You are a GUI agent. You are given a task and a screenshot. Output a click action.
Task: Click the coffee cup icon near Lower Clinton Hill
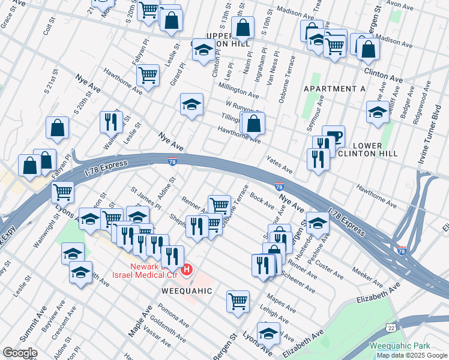[x=333, y=136]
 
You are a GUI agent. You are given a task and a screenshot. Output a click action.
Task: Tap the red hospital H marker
[x=187, y=269]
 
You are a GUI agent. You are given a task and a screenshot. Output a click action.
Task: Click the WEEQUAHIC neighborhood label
[x=187, y=290]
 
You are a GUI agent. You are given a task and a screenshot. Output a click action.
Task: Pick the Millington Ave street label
[x=238, y=89]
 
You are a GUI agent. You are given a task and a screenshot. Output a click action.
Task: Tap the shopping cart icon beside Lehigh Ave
[x=238, y=301]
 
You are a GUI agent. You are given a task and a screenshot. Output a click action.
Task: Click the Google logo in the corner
[x=20, y=353]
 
